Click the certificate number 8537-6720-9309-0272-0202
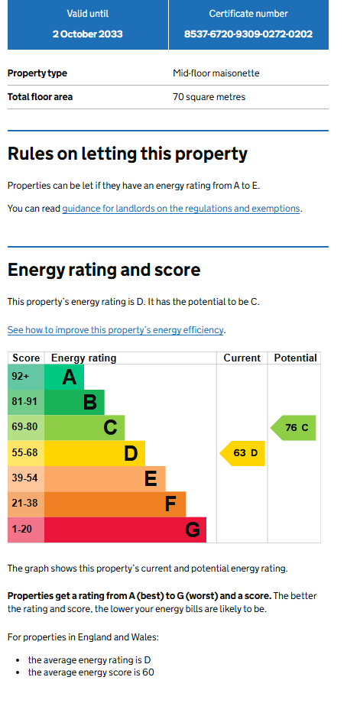(x=248, y=34)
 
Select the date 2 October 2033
(x=87, y=34)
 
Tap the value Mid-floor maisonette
(x=216, y=73)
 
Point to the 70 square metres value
(x=209, y=97)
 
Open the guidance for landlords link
(x=180, y=209)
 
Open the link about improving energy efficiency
(x=115, y=330)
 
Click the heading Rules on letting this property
(x=128, y=154)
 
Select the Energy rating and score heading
(x=104, y=270)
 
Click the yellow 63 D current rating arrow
(x=242, y=453)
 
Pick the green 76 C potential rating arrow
(x=294, y=428)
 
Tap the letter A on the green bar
(x=69, y=377)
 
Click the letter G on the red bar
(x=193, y=530)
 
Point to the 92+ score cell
(x=26, y=377)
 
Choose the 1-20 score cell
(x=26, y=530)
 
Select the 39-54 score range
(x=25, y=478)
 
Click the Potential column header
(x=295, y=358)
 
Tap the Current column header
(x=242, y=358)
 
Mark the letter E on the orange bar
(x=151, y=479)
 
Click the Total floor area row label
(x=40, y=97)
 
